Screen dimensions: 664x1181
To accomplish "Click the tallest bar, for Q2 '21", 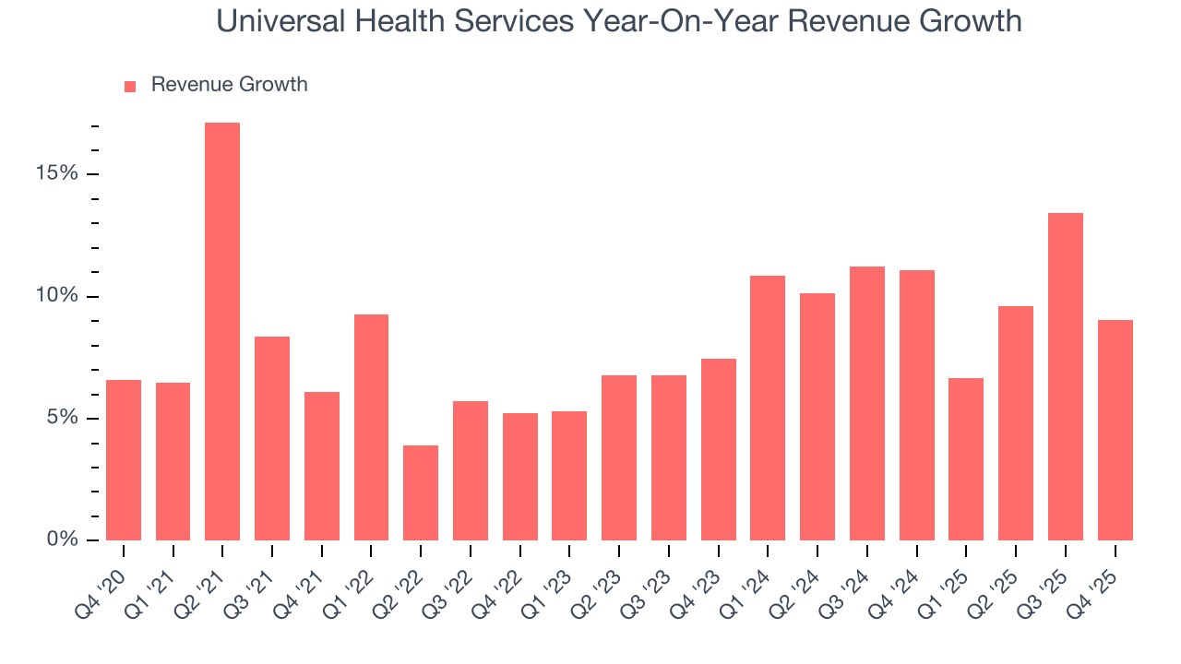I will (222, 332).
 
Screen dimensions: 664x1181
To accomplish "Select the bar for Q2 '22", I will (421, 493).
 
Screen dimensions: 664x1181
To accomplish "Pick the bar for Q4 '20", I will (124, 460).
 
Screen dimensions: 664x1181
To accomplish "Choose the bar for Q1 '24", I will (768, 408).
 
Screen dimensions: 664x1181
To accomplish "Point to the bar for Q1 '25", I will (966, 459).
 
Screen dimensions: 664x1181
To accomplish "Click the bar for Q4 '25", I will (1115, 430).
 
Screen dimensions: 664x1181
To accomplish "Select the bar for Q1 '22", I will (371, 427).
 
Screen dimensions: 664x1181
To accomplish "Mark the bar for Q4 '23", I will (719, 449).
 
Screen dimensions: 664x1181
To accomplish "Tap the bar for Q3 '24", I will (867, 403).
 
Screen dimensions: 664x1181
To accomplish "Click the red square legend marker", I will (130, 87).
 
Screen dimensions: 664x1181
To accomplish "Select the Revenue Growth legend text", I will (229, 85).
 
